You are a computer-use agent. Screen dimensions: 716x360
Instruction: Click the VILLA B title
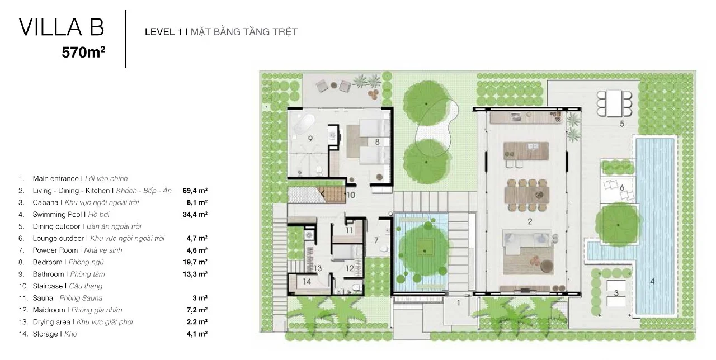62,27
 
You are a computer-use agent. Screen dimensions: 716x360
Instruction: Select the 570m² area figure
83,53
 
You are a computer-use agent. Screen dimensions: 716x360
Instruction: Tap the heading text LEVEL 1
163,32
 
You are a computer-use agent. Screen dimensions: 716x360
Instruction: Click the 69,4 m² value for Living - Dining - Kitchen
195,191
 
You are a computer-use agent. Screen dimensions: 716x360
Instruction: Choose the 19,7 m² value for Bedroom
195,262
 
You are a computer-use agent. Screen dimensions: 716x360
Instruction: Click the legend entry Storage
45,334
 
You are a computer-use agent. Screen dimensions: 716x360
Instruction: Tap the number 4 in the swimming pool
652,281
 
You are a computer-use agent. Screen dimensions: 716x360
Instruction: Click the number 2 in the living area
530,221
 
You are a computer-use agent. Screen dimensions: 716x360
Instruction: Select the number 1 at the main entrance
458,302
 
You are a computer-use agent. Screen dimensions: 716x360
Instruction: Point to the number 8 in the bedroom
377,141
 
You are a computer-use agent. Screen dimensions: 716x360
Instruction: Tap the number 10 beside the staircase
351,195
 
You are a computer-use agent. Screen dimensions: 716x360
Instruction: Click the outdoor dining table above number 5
614,103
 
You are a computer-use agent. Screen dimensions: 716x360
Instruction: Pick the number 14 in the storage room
307,281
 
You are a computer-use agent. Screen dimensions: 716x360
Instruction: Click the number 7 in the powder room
376,240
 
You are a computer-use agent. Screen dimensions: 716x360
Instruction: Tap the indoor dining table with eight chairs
527,195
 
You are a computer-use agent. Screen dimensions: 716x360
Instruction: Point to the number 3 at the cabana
616,292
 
